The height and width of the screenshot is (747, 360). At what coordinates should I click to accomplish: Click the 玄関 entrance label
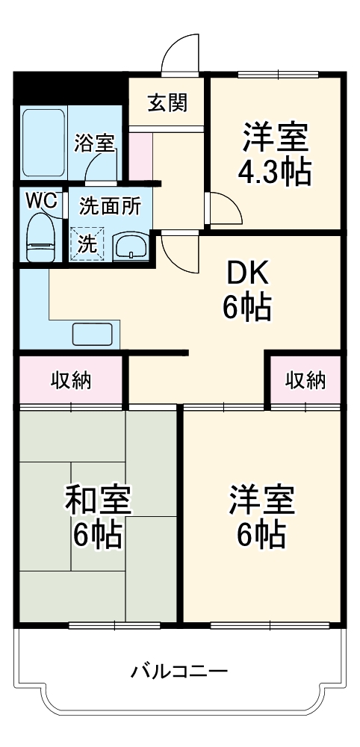[167, 103]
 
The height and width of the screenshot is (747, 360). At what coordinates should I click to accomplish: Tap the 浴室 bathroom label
[94, 142]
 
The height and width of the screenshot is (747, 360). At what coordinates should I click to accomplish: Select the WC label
[40, 200]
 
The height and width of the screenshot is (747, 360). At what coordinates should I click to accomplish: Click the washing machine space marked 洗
[87, 244]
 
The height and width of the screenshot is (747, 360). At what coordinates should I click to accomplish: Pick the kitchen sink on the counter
[92, 334]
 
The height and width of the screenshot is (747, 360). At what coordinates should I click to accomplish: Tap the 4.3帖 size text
[273, 173]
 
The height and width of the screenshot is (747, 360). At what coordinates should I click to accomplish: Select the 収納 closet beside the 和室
[71, 381]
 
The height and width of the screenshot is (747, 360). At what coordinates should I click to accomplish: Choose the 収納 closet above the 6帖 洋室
[305, 381]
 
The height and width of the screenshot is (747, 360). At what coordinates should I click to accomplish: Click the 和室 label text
[98, 500]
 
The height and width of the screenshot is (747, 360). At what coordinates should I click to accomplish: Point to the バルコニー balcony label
[179, 669]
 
